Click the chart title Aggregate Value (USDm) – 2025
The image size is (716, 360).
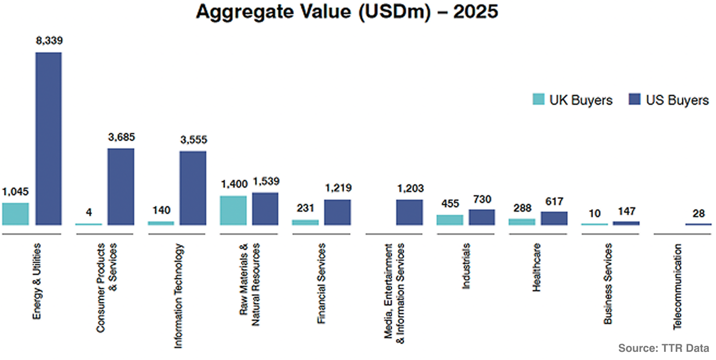(347, 13)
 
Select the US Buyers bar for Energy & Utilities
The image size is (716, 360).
(49, 139)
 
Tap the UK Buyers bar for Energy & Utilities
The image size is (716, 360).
(15, 214)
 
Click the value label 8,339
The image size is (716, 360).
(49, 41)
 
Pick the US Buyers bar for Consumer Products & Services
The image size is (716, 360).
(121, 187)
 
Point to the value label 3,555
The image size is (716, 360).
(193, 140)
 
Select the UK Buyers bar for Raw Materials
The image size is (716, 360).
(233, 211)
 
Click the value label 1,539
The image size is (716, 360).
(265, 181)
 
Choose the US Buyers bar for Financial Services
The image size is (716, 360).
(337, 212)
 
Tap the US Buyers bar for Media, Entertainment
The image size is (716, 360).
(409, 212)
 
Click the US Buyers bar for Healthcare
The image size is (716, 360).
(554, 218)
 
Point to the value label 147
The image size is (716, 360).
(626, 211)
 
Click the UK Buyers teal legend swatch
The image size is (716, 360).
(538, 100)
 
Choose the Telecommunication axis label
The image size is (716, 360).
(677, 286)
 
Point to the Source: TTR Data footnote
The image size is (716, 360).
(664, 348)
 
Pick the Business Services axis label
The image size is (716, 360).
(607, 284)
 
